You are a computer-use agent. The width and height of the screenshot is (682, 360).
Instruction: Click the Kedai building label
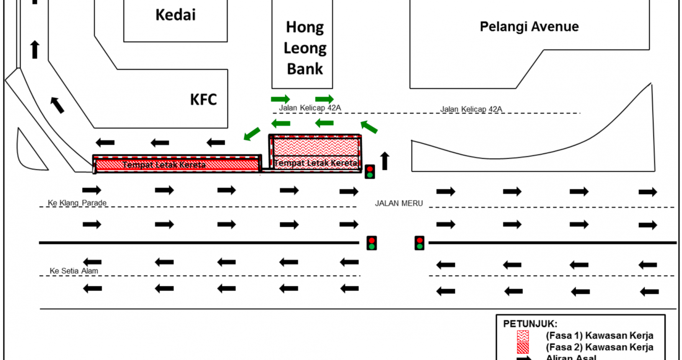(175, 15)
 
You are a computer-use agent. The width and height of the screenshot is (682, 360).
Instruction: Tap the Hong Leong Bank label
(305, 48)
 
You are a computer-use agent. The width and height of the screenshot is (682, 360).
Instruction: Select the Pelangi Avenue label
(529, 27)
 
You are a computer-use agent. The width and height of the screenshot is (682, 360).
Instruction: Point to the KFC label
(203, 100)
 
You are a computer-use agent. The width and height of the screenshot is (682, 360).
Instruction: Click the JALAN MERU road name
(398, 203)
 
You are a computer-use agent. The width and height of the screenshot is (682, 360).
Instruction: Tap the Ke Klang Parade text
(77, 203)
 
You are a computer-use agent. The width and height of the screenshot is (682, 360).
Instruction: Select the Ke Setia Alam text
(74, 271)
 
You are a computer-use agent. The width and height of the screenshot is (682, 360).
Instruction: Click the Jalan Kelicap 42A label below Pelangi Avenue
(471, 109)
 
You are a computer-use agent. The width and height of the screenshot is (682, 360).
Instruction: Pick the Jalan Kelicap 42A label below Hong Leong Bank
(310, 108)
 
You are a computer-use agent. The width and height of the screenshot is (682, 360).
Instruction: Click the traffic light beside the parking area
(370, 172)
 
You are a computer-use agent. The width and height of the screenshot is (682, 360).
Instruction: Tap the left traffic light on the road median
(371, 243)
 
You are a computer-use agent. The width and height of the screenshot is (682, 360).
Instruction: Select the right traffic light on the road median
(419, 243)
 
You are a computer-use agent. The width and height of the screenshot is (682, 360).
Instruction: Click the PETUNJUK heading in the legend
(530, 324)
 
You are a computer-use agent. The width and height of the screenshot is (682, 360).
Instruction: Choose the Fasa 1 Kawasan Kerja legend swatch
(523, 336)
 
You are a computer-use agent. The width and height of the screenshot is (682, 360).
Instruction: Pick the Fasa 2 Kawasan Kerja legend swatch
(523, 347)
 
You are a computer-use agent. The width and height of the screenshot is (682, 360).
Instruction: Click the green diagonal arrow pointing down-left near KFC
(252, 134)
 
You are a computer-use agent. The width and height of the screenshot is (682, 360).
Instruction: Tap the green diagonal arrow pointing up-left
(369, 126)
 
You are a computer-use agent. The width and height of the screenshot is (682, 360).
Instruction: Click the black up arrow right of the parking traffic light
(385, 161)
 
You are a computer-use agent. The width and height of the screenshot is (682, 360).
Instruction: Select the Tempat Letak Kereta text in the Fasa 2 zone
(164, 165)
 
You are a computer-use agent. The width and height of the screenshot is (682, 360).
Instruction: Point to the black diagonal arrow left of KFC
(57, 105)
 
